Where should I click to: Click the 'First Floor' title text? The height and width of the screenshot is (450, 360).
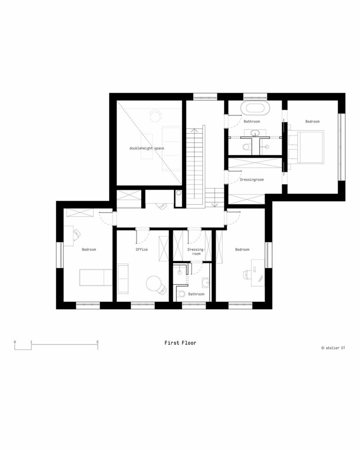[x=180, y=343]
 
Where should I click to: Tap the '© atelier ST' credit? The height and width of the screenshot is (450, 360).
[x=333, y=347]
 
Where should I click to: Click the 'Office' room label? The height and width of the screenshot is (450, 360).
[x=142, y=249]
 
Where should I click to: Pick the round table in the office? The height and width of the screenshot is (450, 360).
[x=154, y=283]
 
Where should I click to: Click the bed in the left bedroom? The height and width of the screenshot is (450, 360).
[x=96, y=278]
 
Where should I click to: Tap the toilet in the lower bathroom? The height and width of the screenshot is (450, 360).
[x=181, y=294]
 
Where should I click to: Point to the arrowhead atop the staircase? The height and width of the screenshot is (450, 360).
[x=195, y=130]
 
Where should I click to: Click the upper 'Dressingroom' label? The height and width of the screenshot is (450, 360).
[x=251, y=180]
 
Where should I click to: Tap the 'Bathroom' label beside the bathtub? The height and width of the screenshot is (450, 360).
[x=252, y=121]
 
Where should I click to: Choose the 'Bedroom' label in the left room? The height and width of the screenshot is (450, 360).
[x=89, y=249]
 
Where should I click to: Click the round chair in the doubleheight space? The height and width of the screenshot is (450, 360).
[x=156, y=115]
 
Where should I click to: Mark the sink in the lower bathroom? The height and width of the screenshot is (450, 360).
[x=206, y=283]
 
